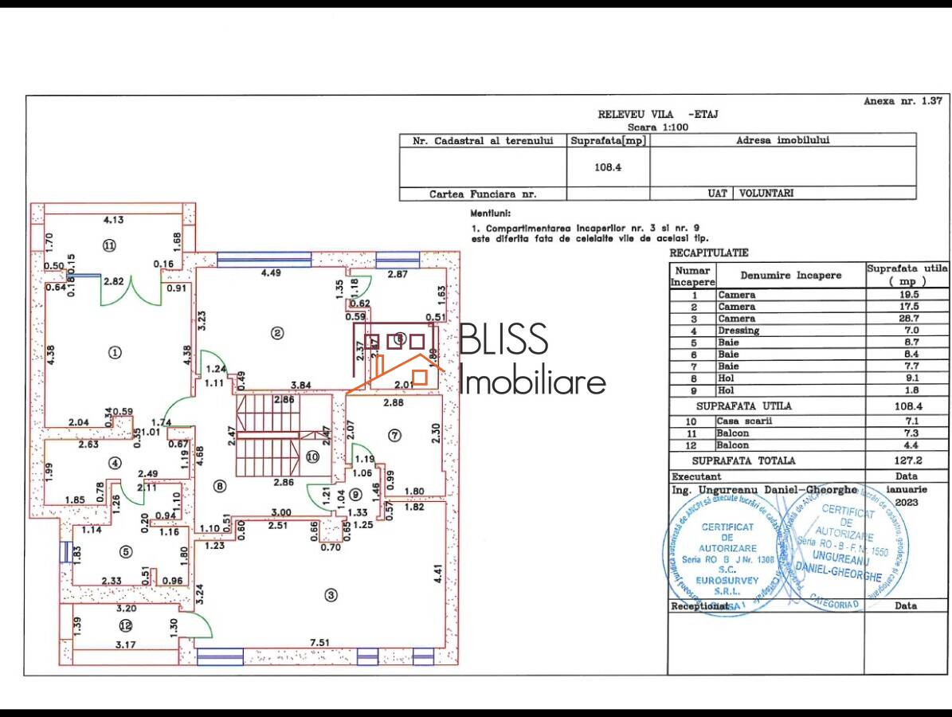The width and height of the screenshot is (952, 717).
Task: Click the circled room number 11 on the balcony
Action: click(x=109, y=245)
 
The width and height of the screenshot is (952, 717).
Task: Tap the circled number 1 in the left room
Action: click(x=115, y=352)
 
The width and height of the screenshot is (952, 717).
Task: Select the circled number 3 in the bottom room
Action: click(x=331, y=594)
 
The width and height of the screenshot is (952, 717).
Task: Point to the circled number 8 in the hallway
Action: click(x=220, y=486)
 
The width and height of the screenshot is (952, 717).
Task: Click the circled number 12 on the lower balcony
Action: click(x=125, y=625)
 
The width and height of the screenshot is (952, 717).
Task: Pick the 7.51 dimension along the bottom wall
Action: click(x=319, y=643)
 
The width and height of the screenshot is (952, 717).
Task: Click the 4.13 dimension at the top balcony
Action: click(x=116, y=219)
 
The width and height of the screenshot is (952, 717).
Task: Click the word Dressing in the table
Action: click(x=738, y=331)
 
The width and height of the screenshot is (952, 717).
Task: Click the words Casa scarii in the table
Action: click(x=740, y=421)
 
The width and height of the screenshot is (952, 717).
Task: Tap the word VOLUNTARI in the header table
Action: click(x=766, y=193)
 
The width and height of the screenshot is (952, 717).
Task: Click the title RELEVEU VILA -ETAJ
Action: click(x=658, y=114)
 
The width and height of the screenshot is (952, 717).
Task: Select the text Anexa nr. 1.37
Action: click(x=903, y=101)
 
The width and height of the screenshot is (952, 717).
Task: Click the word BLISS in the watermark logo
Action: click(x=504, y=339)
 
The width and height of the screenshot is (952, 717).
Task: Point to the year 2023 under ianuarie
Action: click(x=906, y=503)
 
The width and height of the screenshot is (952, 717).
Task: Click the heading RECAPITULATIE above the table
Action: click(x=708, y=253)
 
